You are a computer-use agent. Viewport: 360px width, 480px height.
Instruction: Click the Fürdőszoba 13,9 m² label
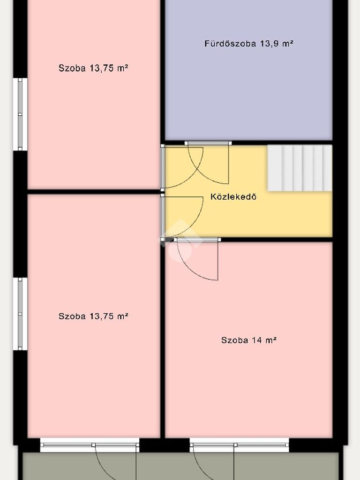[x=249, y=44]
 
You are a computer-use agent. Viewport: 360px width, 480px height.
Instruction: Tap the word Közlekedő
[x=233, y=196]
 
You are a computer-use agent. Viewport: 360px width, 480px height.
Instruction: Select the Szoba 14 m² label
[x=249, y=340]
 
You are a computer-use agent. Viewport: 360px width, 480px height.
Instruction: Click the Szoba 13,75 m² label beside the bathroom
[x=93, y=68]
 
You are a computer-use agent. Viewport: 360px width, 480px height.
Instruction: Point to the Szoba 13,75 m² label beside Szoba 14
[x=93, y=316]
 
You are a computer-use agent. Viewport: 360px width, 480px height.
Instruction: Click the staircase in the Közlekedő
[x=300, y=168]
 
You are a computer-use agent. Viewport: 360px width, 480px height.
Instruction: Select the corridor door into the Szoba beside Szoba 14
[x=182, y=216]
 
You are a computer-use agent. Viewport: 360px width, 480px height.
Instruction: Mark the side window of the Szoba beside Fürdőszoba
[x=20, y=114]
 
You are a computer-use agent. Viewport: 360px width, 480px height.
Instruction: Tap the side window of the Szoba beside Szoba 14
[x=20, y=314]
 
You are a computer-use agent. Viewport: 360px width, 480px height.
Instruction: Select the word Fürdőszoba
[x=230, y=44]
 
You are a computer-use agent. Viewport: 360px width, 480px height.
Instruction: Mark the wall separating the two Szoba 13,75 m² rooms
[x=94, y=192]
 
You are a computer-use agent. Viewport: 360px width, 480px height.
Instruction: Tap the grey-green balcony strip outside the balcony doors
[x=180, y=466]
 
